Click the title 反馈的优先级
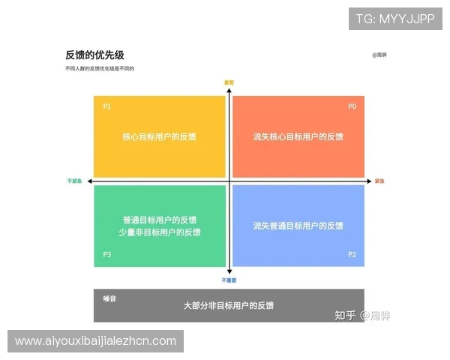pos(94,55)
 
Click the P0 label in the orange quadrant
pos(352,106)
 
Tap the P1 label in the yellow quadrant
pos(107,106)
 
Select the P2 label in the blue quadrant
pos(352,255)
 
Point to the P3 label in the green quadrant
pos(107,255)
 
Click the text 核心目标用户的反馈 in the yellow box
pos(160,136)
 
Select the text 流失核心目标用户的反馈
pos(298,136)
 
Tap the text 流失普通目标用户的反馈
pos(298,225)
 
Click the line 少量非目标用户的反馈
pos(160,232)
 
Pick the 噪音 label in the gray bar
pos(109,298)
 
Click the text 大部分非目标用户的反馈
pos(229,306)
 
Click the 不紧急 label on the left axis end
pos(74,181)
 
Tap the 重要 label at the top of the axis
pos(229,82)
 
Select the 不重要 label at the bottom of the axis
pos(229,280)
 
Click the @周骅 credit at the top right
pos(379,55)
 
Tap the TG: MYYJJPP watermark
pos(395,19)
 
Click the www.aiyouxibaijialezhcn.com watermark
pos(95,341)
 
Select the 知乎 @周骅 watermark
pos(363,315)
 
